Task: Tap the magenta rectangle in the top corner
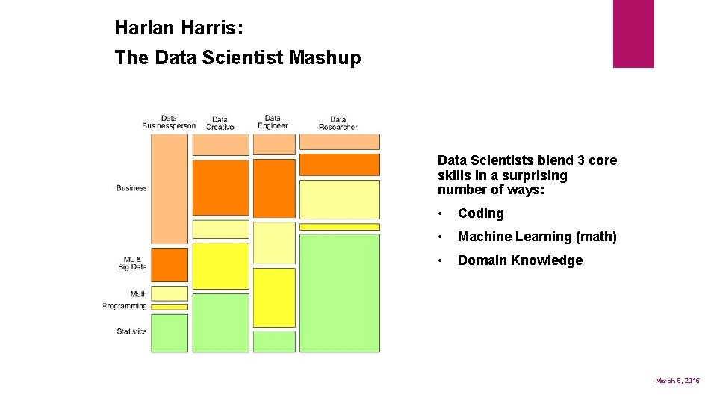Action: click(x=633, y=34)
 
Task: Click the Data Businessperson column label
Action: click(x=169, y=122)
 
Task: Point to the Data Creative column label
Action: click(x=220, y=123)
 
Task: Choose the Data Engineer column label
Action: click(x=273, y=122)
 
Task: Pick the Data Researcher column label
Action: click(x=338, y=123)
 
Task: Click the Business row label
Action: click(x=131, y=188)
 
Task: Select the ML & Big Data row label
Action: click(x=132, y=263)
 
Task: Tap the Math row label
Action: click(x=138, y=294)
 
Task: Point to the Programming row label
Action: click(x=125, y=306)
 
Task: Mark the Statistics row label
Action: click(x=131, y=331)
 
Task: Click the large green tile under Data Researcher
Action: click(x=339, y=293)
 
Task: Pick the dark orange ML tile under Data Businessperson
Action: click(x=170, y=264)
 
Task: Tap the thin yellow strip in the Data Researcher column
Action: click(x=339, y=227)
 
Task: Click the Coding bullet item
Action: click(x=480, y=213)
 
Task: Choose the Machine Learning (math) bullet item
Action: click(x=536, y=237)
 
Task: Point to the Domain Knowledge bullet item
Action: click(x=520, y=260)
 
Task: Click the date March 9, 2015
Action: click(x=677, y=381)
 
